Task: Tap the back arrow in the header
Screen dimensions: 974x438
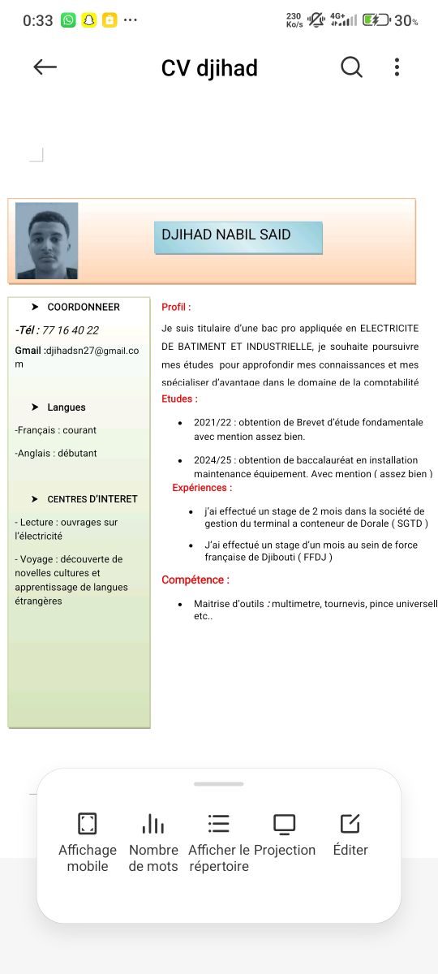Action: pos(45,67)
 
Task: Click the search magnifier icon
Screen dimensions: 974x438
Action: pos(351,67)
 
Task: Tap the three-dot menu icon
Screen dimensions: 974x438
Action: pos(397,67)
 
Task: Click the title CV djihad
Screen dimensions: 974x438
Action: pos(209,68)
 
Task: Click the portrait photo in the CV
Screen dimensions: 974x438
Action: pos(47,240)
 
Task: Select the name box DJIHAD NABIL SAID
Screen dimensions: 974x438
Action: pos(238,236)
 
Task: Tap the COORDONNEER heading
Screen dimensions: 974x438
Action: pos(83,308)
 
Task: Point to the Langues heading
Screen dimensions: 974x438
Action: pos(66,407)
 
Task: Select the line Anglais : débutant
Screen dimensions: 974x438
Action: pos(56,454)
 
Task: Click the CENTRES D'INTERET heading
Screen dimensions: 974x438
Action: pos(92,499)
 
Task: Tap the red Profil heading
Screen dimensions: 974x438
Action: pos(176,308)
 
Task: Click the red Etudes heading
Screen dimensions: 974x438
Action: pos(179,399)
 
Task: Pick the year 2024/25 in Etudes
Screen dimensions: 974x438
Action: pos(213,460)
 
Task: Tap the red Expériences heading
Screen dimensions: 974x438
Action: pos(202,488)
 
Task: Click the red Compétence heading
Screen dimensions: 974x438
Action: pos(195,580)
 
